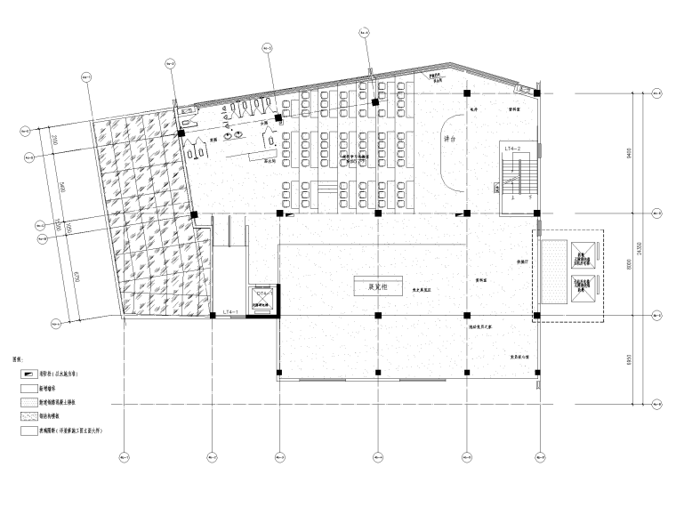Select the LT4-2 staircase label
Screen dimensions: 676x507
click(513, 146)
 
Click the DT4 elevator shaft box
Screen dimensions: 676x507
click(264, 297)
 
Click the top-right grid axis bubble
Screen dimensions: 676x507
click(658, 92)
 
